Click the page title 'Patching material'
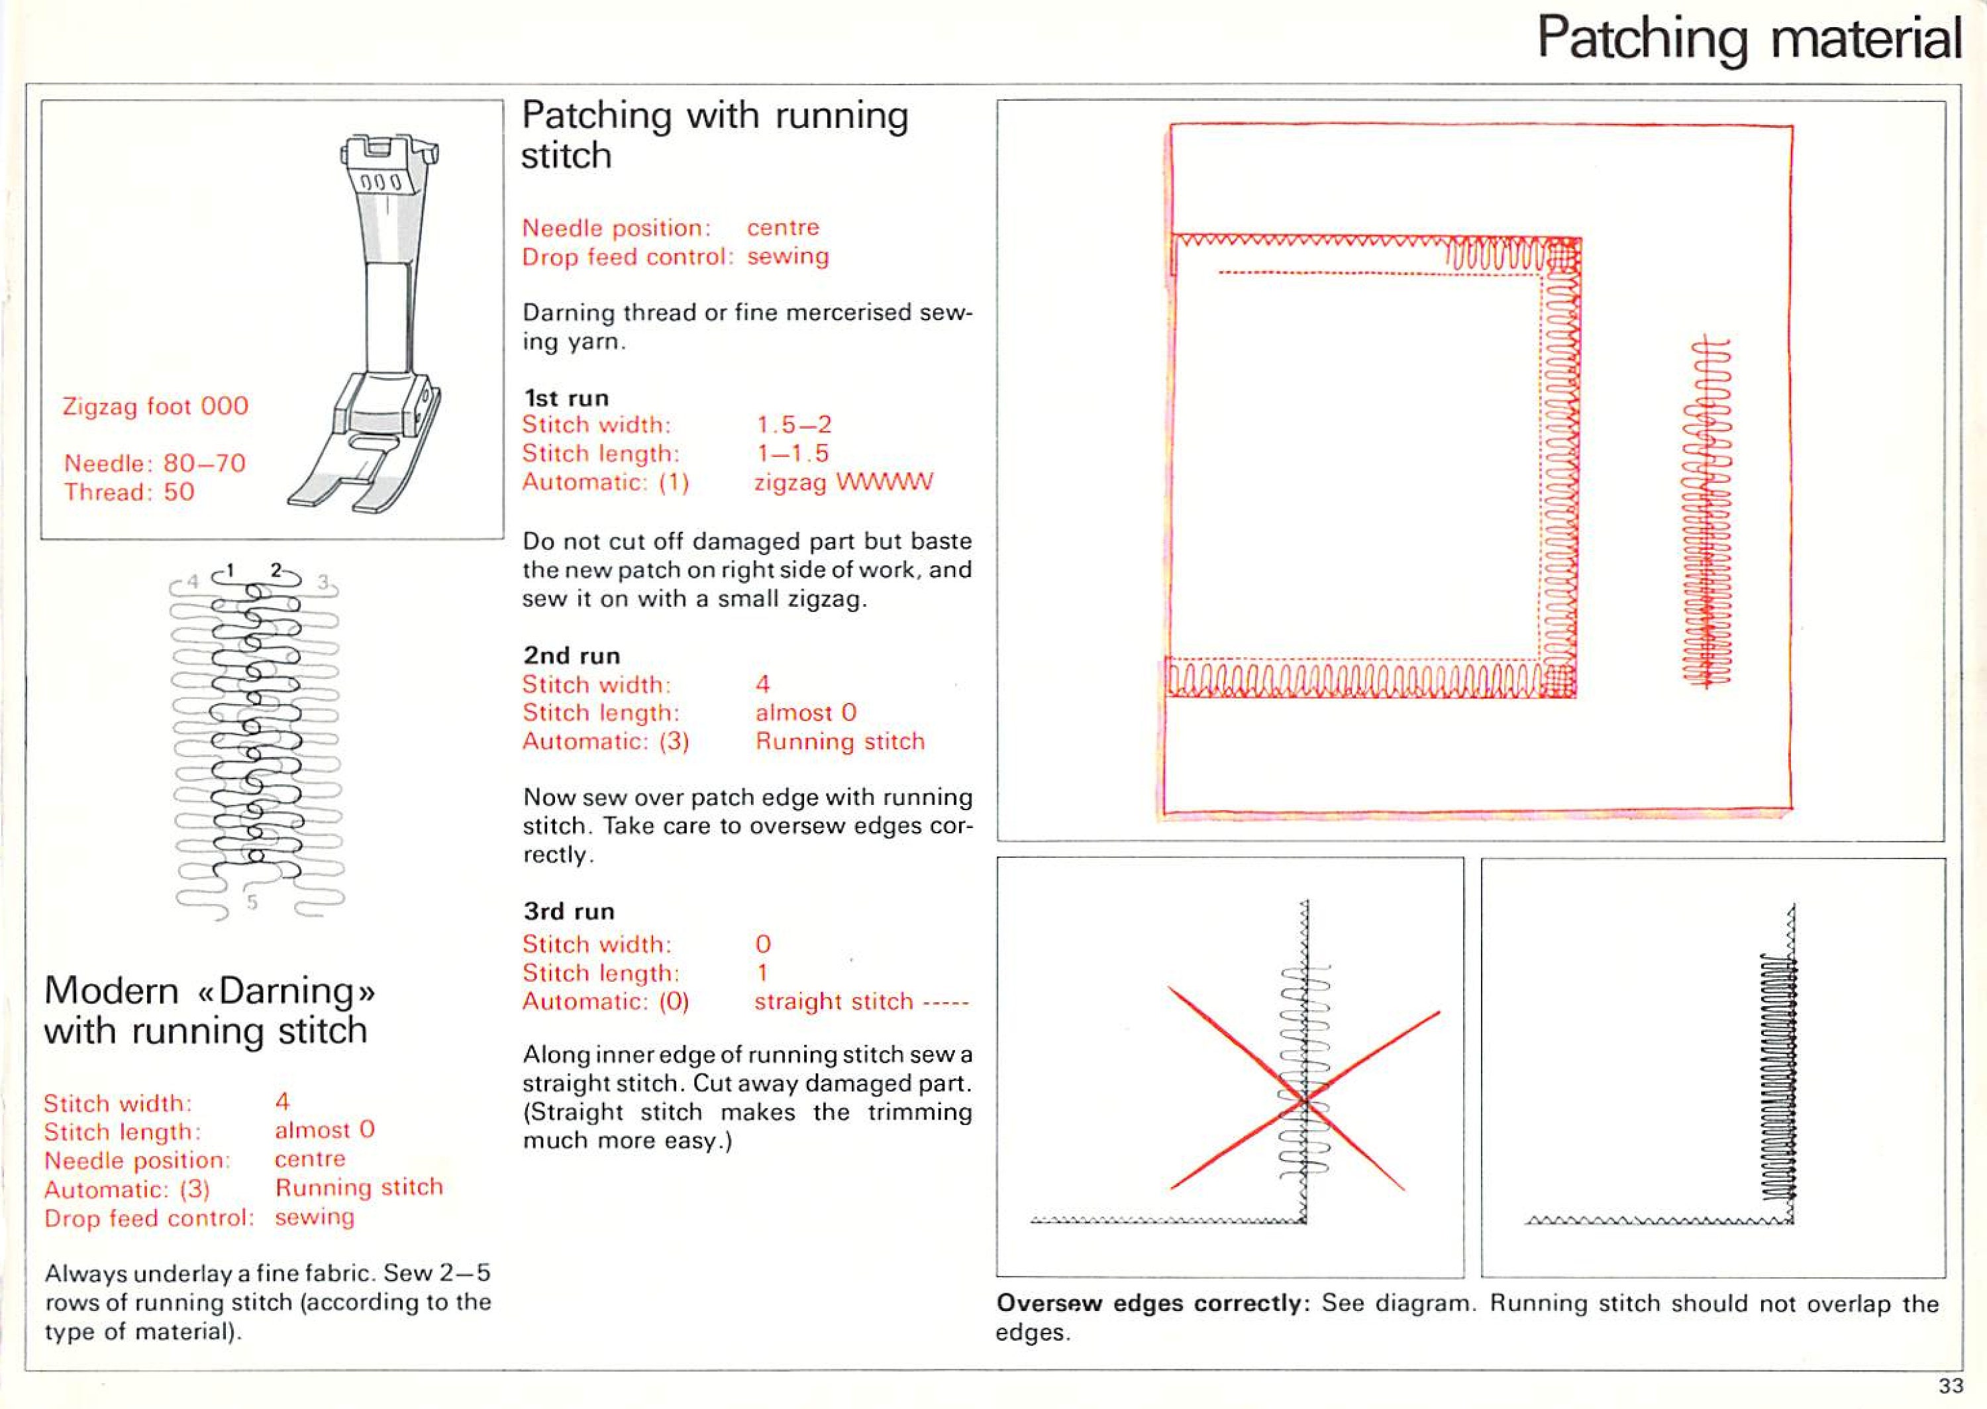[x=1749, y=39]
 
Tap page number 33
[x=1951, y=1386]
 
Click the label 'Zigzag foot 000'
[x=155, y=406]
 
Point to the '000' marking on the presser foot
[x=381, y=183]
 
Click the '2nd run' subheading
[x=571, y=656]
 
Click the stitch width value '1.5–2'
[x=793, y=424]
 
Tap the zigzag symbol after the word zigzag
[x=885, y=482]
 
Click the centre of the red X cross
[x=1303, y=1100]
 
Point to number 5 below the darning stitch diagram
[x=252, y=902]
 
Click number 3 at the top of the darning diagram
[x=323, y=582]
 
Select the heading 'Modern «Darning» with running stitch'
[x=208, y=1010]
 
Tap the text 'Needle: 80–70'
[x=154, y=463]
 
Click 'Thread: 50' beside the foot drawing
[x=128, y=492]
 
